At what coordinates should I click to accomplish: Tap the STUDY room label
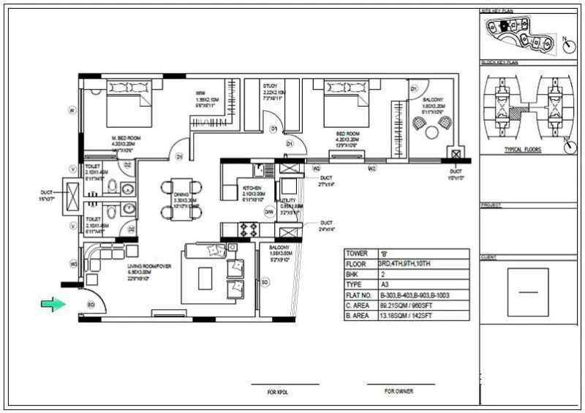point(270,86)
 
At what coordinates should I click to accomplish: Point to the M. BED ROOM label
point(126,137)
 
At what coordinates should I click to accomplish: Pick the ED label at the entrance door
point(91,304)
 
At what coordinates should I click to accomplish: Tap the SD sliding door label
point(265,281)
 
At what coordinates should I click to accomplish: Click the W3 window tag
point(73,263)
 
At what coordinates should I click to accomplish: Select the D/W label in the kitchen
point(268,212)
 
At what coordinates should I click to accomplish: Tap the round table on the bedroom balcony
point(432,132)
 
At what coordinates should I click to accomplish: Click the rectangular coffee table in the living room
point(205,278)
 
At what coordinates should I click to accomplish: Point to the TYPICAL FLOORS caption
point(522,148)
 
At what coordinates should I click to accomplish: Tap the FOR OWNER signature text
point(399,391)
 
